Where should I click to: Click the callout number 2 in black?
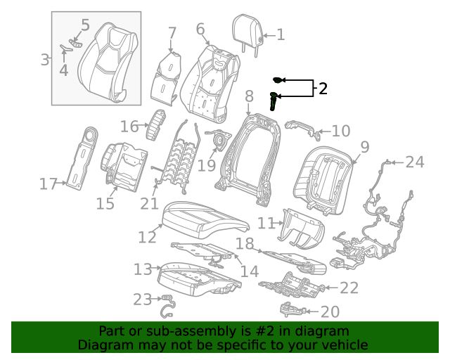tap(323, 89)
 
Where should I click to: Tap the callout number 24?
tap(415, 162)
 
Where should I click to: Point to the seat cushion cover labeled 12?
tap(205, 219)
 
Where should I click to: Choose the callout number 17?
tap(48, 185)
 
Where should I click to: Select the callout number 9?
tap(364, 147)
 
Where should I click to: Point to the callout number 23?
tap(143, 300)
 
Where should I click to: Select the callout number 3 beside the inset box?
tap(44, 60)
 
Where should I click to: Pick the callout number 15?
tap(105, 204)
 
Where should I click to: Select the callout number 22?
tap(349, 288)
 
